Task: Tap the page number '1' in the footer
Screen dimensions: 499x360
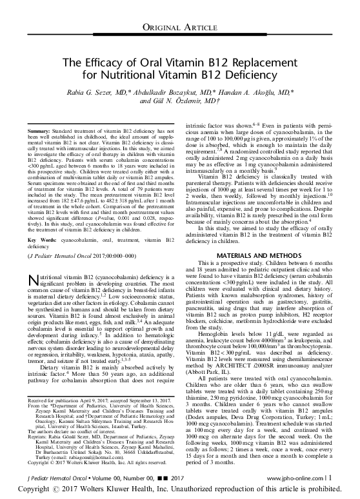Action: (x=331, y=478)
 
